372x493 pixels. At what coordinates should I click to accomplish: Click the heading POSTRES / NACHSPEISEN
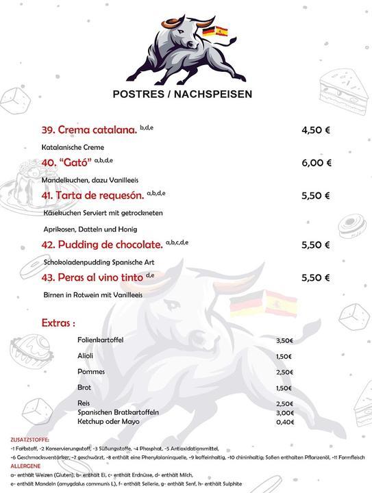[182, 94]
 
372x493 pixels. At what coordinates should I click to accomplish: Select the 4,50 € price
[316, 130]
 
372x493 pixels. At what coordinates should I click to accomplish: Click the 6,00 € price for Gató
[317, 163]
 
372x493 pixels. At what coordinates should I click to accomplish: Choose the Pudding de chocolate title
[102, 244]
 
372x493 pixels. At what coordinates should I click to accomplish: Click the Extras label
[58, 322]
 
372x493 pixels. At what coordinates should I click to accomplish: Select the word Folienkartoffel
[101, 340]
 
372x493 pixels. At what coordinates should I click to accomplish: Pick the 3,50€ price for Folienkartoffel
[284, 340]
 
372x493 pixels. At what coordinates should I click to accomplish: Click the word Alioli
[86, 355]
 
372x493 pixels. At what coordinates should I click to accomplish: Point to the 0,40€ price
[284, 422]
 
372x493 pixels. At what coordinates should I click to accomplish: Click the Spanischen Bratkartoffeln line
[119, 412]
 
